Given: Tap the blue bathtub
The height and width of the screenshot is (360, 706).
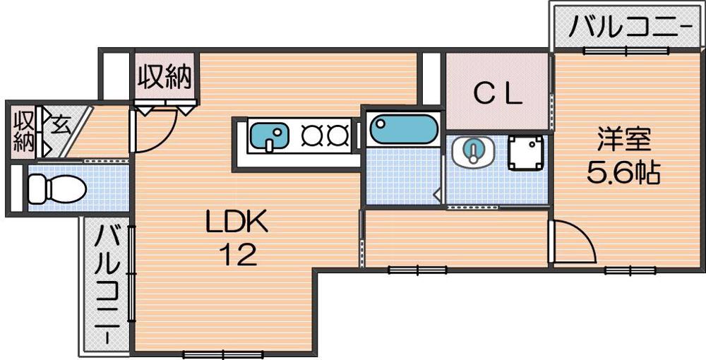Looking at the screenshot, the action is [404, 128].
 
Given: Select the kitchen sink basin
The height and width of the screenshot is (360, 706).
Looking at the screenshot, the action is [269, 136].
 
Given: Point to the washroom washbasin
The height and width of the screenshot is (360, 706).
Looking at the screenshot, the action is [473, 151].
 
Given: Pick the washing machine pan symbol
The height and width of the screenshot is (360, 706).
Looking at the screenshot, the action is [525, 152].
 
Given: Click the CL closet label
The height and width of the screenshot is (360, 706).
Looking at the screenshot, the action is [498, 95].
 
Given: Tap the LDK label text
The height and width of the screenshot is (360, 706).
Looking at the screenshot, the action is [237, 222].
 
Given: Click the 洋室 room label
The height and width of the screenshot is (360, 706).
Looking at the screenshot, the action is [624, 140].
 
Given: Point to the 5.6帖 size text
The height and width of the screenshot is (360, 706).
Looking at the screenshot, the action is [623, 172].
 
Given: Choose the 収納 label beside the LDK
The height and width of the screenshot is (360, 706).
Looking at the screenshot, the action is [164, 77].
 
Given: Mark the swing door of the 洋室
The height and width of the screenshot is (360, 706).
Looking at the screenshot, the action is [571, 241].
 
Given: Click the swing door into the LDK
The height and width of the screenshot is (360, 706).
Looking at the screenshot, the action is [153, 130].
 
